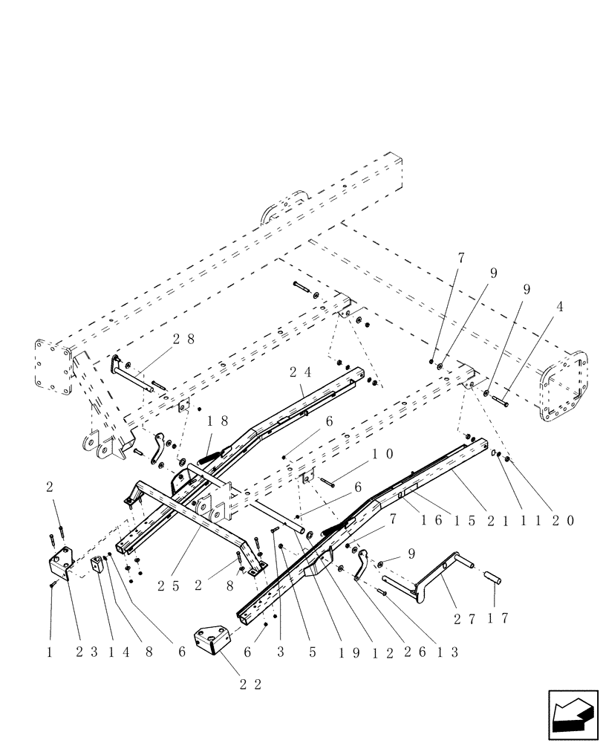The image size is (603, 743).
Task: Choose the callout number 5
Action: coord(313,652)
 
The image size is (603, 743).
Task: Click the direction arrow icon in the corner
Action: coord(573,714)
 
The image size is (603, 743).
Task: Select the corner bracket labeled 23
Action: coord(60,565)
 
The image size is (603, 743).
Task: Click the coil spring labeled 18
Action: coord(209,451)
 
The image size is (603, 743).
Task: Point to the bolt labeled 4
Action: coord(499,400)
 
